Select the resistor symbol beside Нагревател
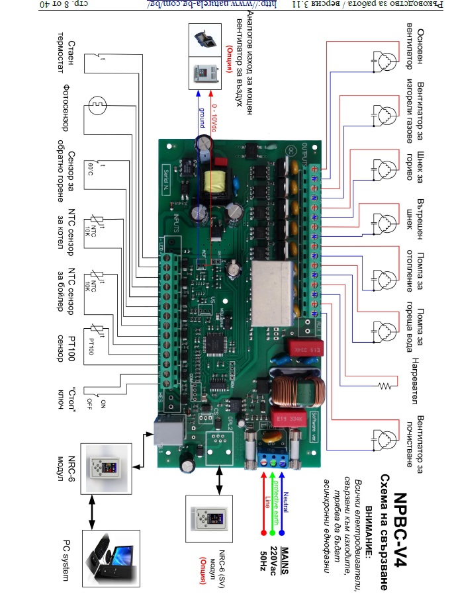coord(383,385)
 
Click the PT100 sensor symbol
coord(96,333)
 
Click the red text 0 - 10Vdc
coord(213,118)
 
